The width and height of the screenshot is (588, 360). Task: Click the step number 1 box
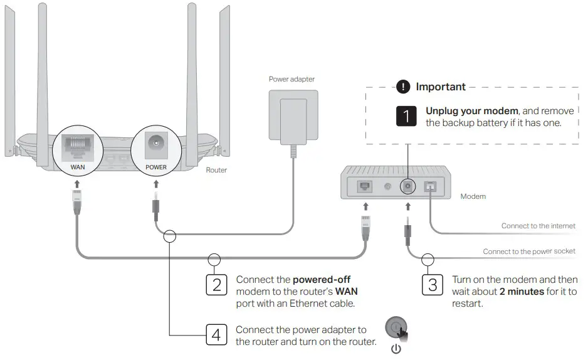[x=407, y=116]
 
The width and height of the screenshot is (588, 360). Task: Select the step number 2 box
[x=216, y=285]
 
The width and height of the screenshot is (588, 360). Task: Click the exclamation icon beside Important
[x=405, y=87]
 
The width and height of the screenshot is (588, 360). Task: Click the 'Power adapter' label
[x=291, y=79]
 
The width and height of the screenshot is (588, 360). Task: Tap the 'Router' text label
[x=216, y=170]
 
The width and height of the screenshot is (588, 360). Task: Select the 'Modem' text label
[x=473, y=196]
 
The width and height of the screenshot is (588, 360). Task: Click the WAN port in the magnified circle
[x=77, y=145]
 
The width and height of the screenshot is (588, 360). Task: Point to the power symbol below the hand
[x=396, y=349]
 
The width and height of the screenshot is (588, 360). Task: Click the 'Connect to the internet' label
[x=538, y=226]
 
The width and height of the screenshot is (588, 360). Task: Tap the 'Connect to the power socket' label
[x=528, y=251]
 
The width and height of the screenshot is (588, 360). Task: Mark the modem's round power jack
[x=408, y=186]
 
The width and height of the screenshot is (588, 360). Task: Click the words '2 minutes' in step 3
[x=522, y=292]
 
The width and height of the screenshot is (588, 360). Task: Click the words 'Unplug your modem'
[x=463, y=110]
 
